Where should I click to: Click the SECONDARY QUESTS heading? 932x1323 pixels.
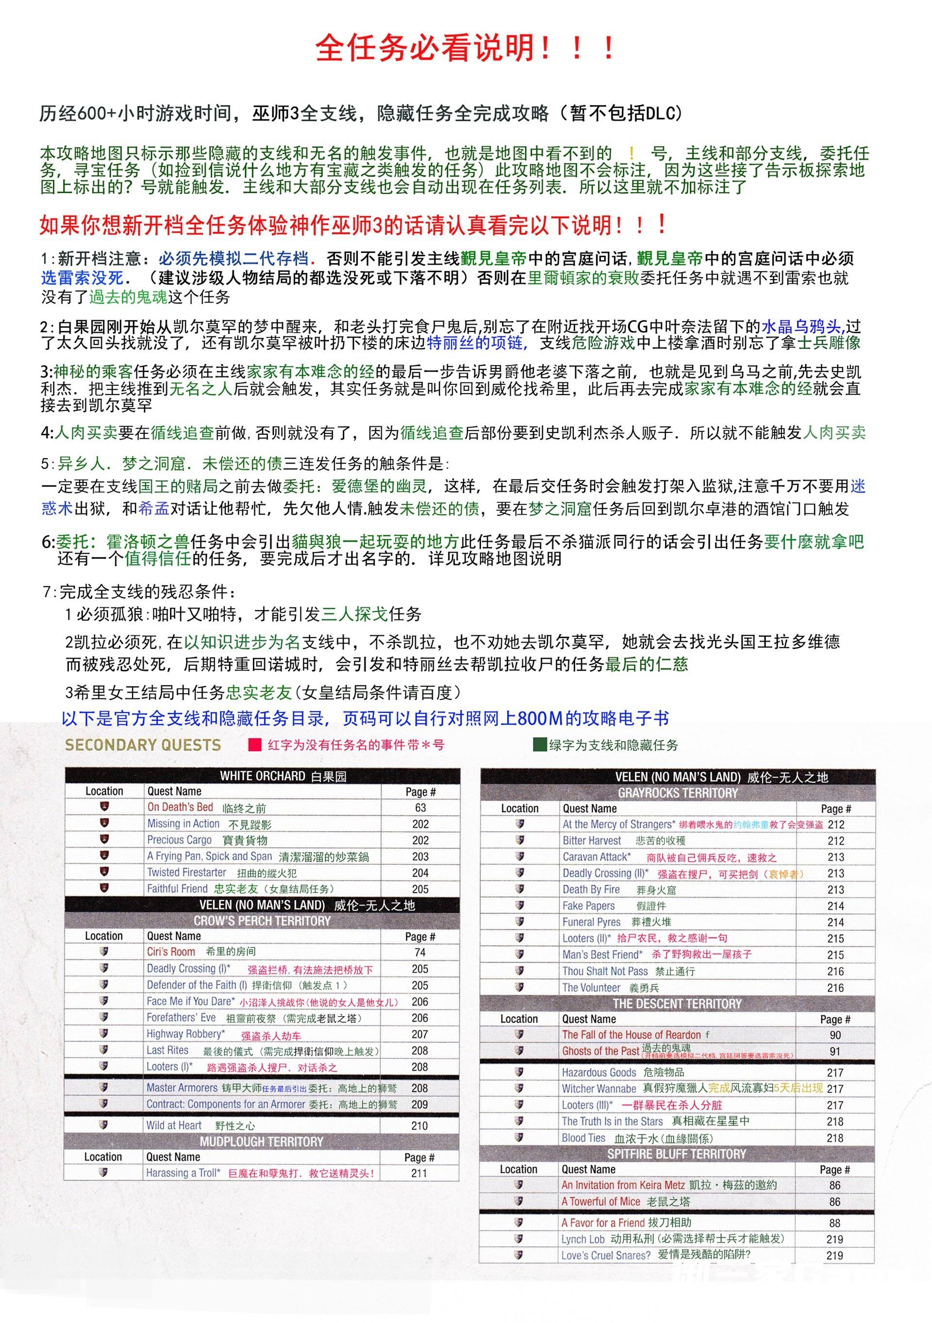click(142, 745)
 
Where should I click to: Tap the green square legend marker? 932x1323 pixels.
click(539, 745)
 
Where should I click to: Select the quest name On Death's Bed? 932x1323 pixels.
click(181, 807)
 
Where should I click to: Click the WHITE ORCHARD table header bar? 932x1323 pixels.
click(262, 776)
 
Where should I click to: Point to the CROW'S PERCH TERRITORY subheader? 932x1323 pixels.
click(262, 921)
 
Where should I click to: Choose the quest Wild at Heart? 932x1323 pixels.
click(174, 1125)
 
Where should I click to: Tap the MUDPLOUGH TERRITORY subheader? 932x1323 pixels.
click(262, 1141)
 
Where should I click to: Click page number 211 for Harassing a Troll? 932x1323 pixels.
click(419, 1173)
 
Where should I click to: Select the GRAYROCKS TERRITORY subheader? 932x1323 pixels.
click(678, 793)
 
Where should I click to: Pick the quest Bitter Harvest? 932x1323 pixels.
click(592, 841)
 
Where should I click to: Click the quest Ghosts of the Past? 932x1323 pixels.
click(600, 1051)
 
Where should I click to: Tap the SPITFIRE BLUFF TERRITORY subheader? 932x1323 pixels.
click(677, 1154)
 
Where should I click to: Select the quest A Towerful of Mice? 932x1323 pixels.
click(600, 1201)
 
